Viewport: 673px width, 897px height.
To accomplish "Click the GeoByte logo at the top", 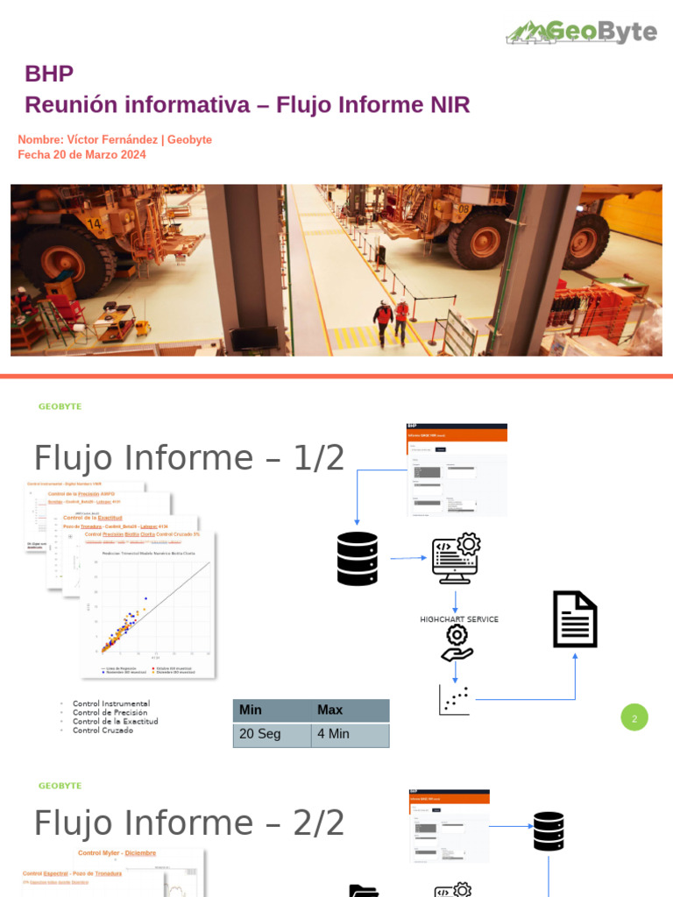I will (x=581, y=32).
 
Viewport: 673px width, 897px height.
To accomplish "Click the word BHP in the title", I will (x=49, y=74).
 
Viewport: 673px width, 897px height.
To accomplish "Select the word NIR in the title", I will (x=450, y=105).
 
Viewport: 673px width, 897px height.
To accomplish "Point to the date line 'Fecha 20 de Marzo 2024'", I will (x=81, y=155).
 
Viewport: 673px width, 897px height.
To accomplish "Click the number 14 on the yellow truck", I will (x=95, y=224).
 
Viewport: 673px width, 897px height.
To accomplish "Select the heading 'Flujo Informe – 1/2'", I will (x=188, y=458).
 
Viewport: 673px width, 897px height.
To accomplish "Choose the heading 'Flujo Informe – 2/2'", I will (x=188, y=823).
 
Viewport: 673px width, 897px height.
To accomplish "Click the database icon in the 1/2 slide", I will (x=357, y=559).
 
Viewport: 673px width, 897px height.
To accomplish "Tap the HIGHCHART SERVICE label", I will (x=459, y=619).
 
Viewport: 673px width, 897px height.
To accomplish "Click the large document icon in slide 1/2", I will (x=575, y=619).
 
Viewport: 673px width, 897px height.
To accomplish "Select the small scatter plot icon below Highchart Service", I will (x=454, y=699).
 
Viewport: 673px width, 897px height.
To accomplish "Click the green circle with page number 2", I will (x=634, y=717).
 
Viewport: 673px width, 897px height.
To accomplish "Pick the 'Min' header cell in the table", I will (x=272, y=710).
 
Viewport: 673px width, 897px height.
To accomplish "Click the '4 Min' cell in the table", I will (x=350, y=734).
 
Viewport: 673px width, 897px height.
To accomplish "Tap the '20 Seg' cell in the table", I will (x=272, y=734).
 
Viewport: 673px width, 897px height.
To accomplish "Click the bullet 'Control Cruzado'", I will (x=103, y=730).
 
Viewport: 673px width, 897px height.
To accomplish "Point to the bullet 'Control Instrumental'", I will (x=110, y=703).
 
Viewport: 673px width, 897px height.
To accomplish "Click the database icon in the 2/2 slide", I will (x=549, y=831).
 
